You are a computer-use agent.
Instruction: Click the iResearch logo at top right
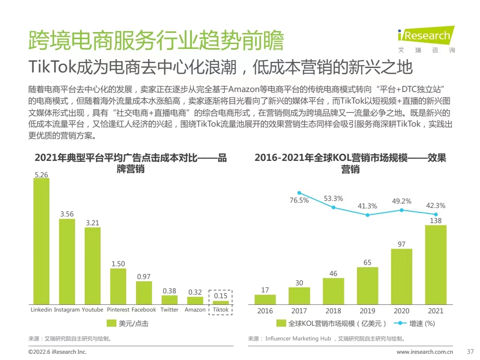click(426, 39)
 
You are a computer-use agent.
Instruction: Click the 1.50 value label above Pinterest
click(118, 264)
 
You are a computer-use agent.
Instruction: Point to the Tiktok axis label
click(220, 309)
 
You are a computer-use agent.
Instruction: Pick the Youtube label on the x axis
click(92, 309)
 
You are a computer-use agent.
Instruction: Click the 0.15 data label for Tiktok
click(220, 296)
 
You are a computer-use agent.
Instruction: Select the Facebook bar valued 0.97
click(144, 292)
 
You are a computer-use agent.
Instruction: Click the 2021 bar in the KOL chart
click(436, 264)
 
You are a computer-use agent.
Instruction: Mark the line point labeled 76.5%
click(299, 193)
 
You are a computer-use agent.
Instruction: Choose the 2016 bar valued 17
click(265, 299)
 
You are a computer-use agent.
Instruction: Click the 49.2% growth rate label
click(401, 201)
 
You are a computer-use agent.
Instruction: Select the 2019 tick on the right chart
click(367, 311)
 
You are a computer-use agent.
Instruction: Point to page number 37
click(471, 352)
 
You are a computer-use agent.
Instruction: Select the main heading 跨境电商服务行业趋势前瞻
click(156, 41)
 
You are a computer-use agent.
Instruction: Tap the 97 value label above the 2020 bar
click(401, 244)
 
